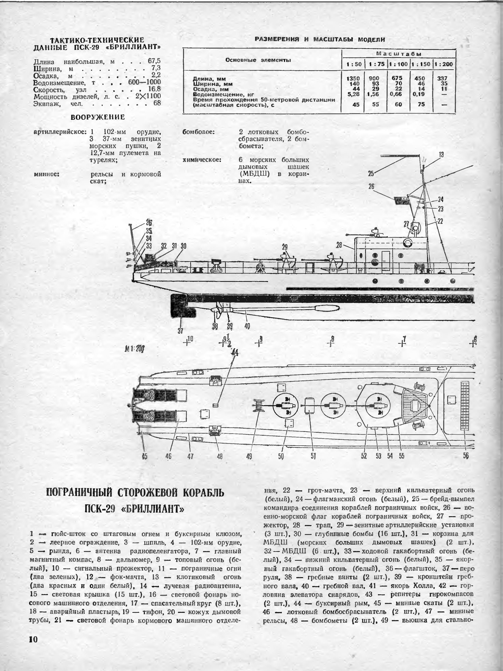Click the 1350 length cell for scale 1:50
[353, 78]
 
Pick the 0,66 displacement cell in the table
[398, 94]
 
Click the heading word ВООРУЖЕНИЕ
[98, 117]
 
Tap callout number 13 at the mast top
[441, 155]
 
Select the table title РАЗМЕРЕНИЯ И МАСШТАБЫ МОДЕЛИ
[320, 39]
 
